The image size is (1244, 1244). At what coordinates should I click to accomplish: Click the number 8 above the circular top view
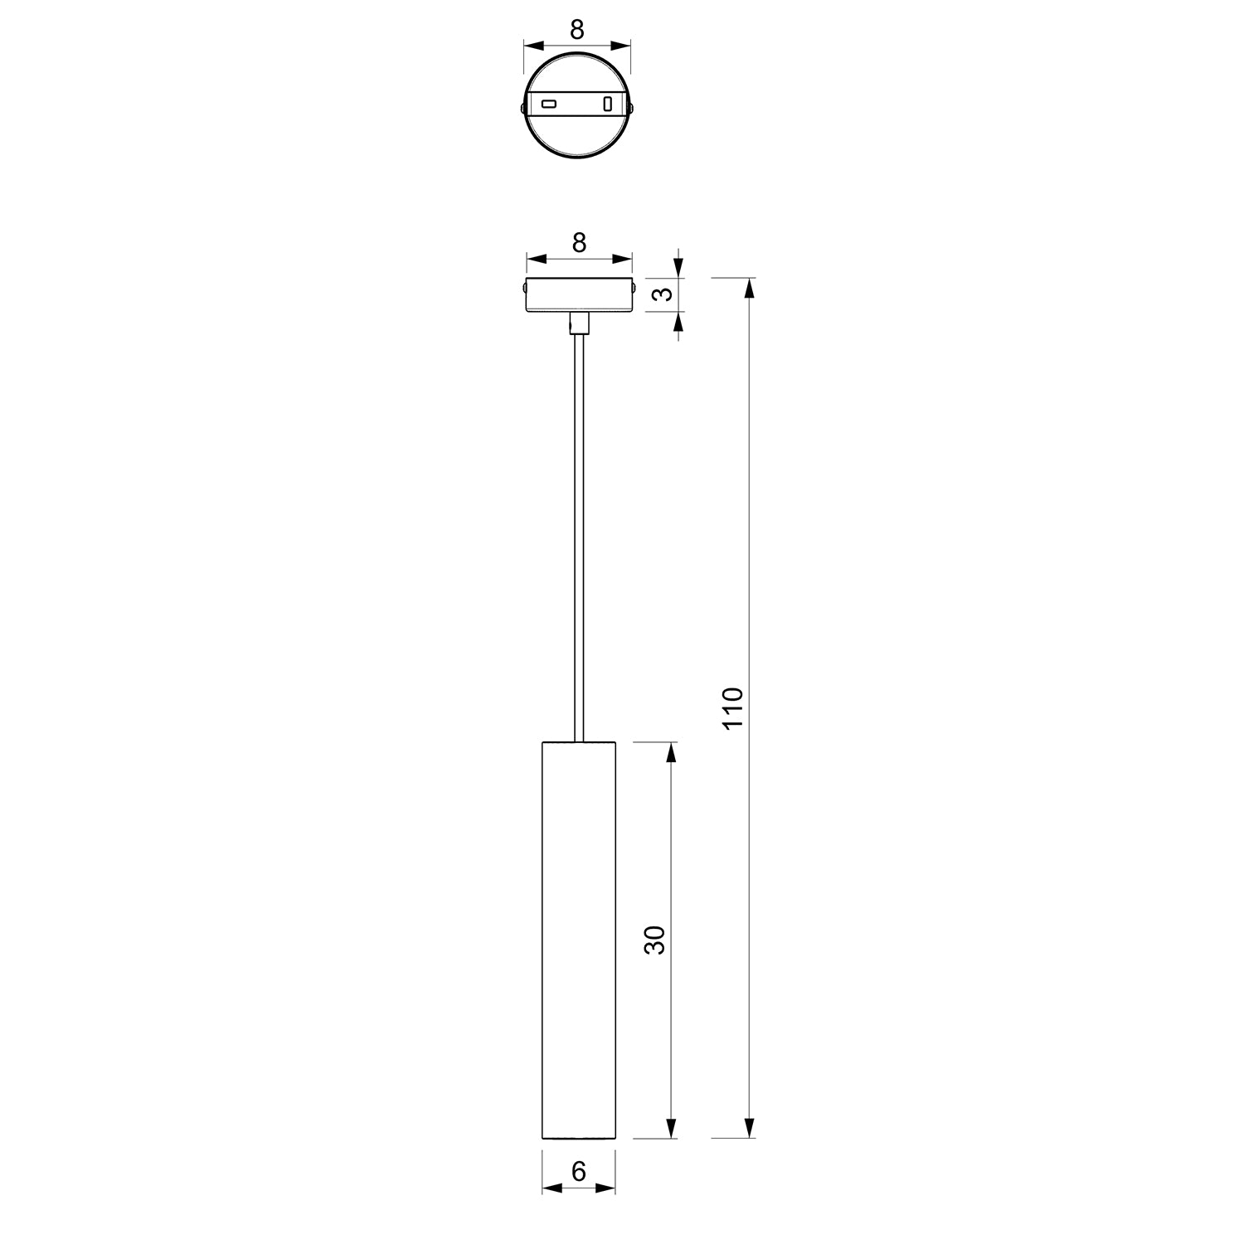(578, 30)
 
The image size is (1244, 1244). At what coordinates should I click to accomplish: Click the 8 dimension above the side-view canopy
(580, 242)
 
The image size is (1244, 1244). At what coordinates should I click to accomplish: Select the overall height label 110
(733, 707)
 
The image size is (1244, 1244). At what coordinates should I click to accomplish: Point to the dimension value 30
(655, 940)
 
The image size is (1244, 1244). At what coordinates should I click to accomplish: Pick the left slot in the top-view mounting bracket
(549, 104)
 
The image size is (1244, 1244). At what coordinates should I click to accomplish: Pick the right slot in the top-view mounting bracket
(608, 104)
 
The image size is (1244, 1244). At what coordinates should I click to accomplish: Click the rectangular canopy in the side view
(579, 295)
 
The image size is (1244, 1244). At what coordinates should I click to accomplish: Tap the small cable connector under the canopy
(579, 323)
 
